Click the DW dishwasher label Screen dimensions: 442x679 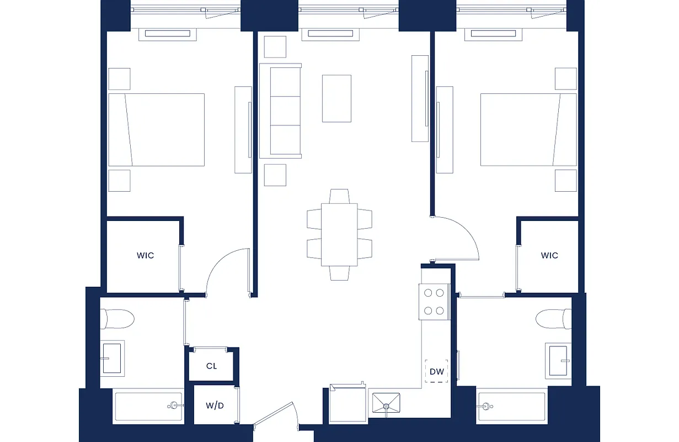[436, 372]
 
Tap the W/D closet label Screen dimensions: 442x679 [215, 406]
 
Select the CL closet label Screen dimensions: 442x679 [212, 366]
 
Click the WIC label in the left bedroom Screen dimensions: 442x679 [145, 255]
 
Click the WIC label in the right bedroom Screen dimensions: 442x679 [549, 255]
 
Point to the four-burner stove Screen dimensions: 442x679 [434, 302]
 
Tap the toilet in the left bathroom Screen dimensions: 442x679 [117, 319]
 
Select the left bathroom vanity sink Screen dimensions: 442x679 [113, 357]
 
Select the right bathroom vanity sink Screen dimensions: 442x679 [558, 360]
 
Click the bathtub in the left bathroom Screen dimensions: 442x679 [148, 407]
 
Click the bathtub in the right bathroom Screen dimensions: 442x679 [511, 407]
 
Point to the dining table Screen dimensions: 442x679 [340, 235]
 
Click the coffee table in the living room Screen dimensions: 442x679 [336, 98]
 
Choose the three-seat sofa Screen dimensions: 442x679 [281, 110]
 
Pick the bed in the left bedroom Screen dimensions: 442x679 [156, 129]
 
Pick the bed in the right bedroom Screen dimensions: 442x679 [528, 129]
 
